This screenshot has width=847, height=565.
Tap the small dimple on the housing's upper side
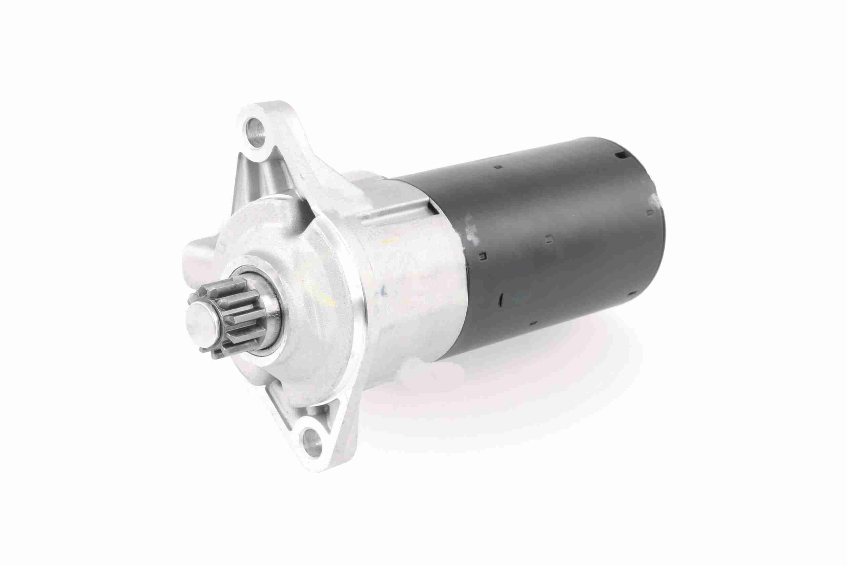point(497,167)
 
